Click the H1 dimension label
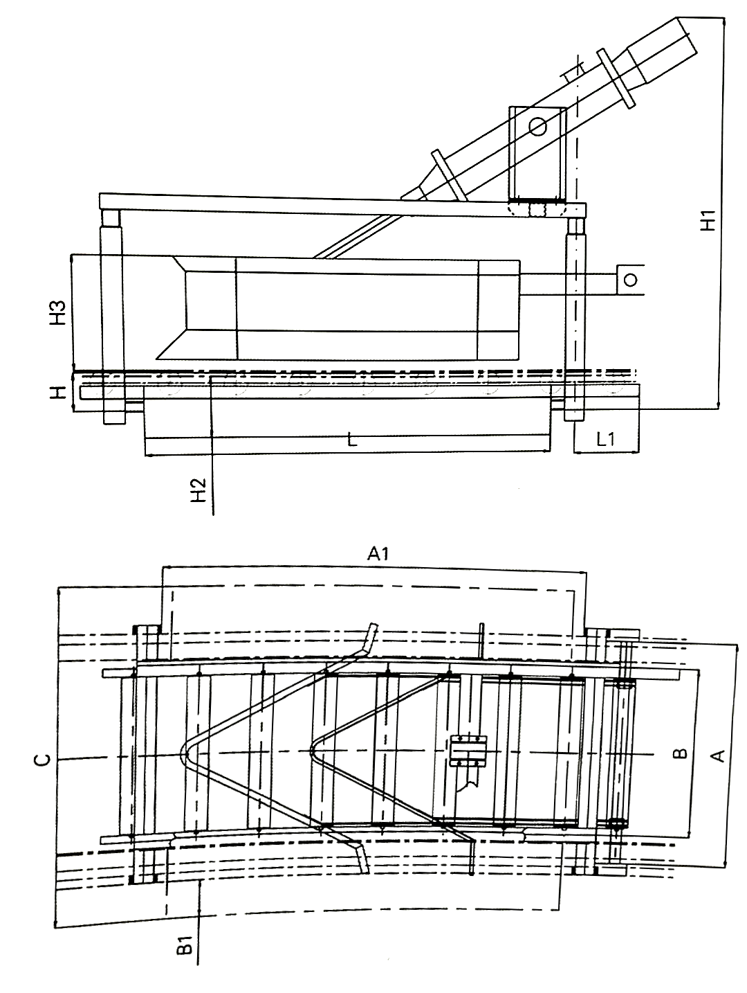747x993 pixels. click(707, 221)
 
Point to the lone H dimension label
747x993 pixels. click(59, 393)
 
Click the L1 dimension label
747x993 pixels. click(606, 438)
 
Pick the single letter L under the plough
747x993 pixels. click(352, 440)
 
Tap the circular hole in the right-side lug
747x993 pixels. click(629, 280)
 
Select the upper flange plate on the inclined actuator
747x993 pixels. click(617, 78)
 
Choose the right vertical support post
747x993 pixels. click(575, 319)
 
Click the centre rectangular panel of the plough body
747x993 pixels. click(358, 309)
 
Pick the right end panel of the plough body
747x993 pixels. click(499, 309)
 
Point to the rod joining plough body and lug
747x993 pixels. click(567, 279)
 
